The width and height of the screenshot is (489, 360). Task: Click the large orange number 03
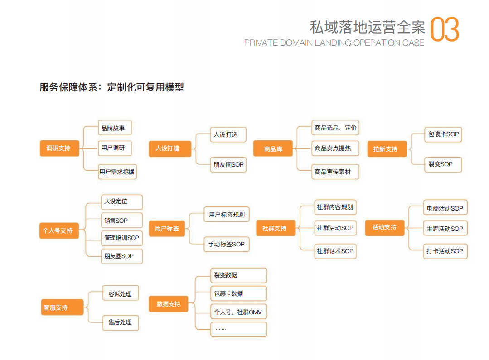pyautogui.click(x=445, y=29)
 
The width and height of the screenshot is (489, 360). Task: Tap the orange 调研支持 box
pyautogui.click(x=59, y=149)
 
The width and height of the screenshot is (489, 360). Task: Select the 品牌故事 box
pyautogui.click(x=115, y=128)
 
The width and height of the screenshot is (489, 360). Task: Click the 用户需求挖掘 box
pyautogui.click(x=117, y=172)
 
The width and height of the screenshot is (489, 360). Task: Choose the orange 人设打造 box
pyautogui.click(x=169, y=149)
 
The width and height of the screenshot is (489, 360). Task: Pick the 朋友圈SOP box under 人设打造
pyautogui.click(x=228, y=164)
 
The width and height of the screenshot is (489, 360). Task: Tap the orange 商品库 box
pyautogui.click(x=273, y=149)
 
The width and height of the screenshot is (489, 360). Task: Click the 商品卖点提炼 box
pyautogui.click(x=335, y=149)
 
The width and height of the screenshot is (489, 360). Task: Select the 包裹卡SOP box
pyautogui.click(x=443, y=134)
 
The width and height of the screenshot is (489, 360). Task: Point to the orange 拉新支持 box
pyautogui.click(x=387, y=149)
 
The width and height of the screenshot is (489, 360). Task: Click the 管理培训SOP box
pyautogui.click(x=121, y=238)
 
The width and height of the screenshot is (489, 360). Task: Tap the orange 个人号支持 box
pyautogui.click(x=59, y=230)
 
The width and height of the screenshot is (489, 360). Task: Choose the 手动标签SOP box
pyautogui.click(x=227, y=245)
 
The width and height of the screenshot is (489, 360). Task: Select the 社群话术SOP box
pyautogui.click(x=335, y=251)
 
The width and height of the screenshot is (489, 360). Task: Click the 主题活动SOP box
pyautogui.click(x=445, y=229)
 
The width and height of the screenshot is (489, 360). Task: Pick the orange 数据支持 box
pyautogui.click(x=169, y=304)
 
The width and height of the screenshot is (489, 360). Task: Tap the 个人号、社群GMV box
pyautogui.click(x=238, y=312)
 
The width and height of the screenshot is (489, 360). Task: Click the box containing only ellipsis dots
pyautogui.click(x=238, y=330)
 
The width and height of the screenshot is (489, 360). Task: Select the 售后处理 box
pyautogui.click(x=121, y=322)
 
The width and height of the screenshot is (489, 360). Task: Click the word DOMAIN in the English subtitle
pyautogui.click(x=296, y=43)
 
